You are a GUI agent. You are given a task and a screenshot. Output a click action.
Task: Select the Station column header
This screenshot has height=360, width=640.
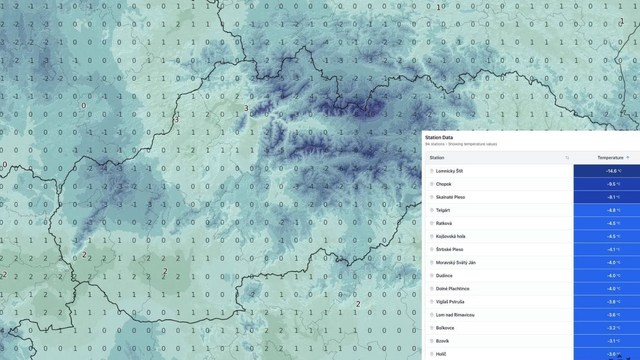[437, 157]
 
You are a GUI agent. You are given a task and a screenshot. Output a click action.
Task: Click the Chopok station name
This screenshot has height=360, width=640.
[444, 184]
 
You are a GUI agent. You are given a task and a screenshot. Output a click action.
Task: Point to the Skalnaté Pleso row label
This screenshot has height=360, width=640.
[451, 197]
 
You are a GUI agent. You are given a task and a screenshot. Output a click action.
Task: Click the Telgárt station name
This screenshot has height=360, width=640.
[444, 210]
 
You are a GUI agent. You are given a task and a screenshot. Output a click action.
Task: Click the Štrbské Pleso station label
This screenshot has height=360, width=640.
[450, 249]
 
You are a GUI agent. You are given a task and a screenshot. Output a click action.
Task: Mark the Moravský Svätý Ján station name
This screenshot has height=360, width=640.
[456, 262]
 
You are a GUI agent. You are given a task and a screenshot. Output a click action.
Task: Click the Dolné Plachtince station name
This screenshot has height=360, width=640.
[453, 288]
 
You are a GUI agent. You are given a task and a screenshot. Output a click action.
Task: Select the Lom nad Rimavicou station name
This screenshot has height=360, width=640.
[455, 314]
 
